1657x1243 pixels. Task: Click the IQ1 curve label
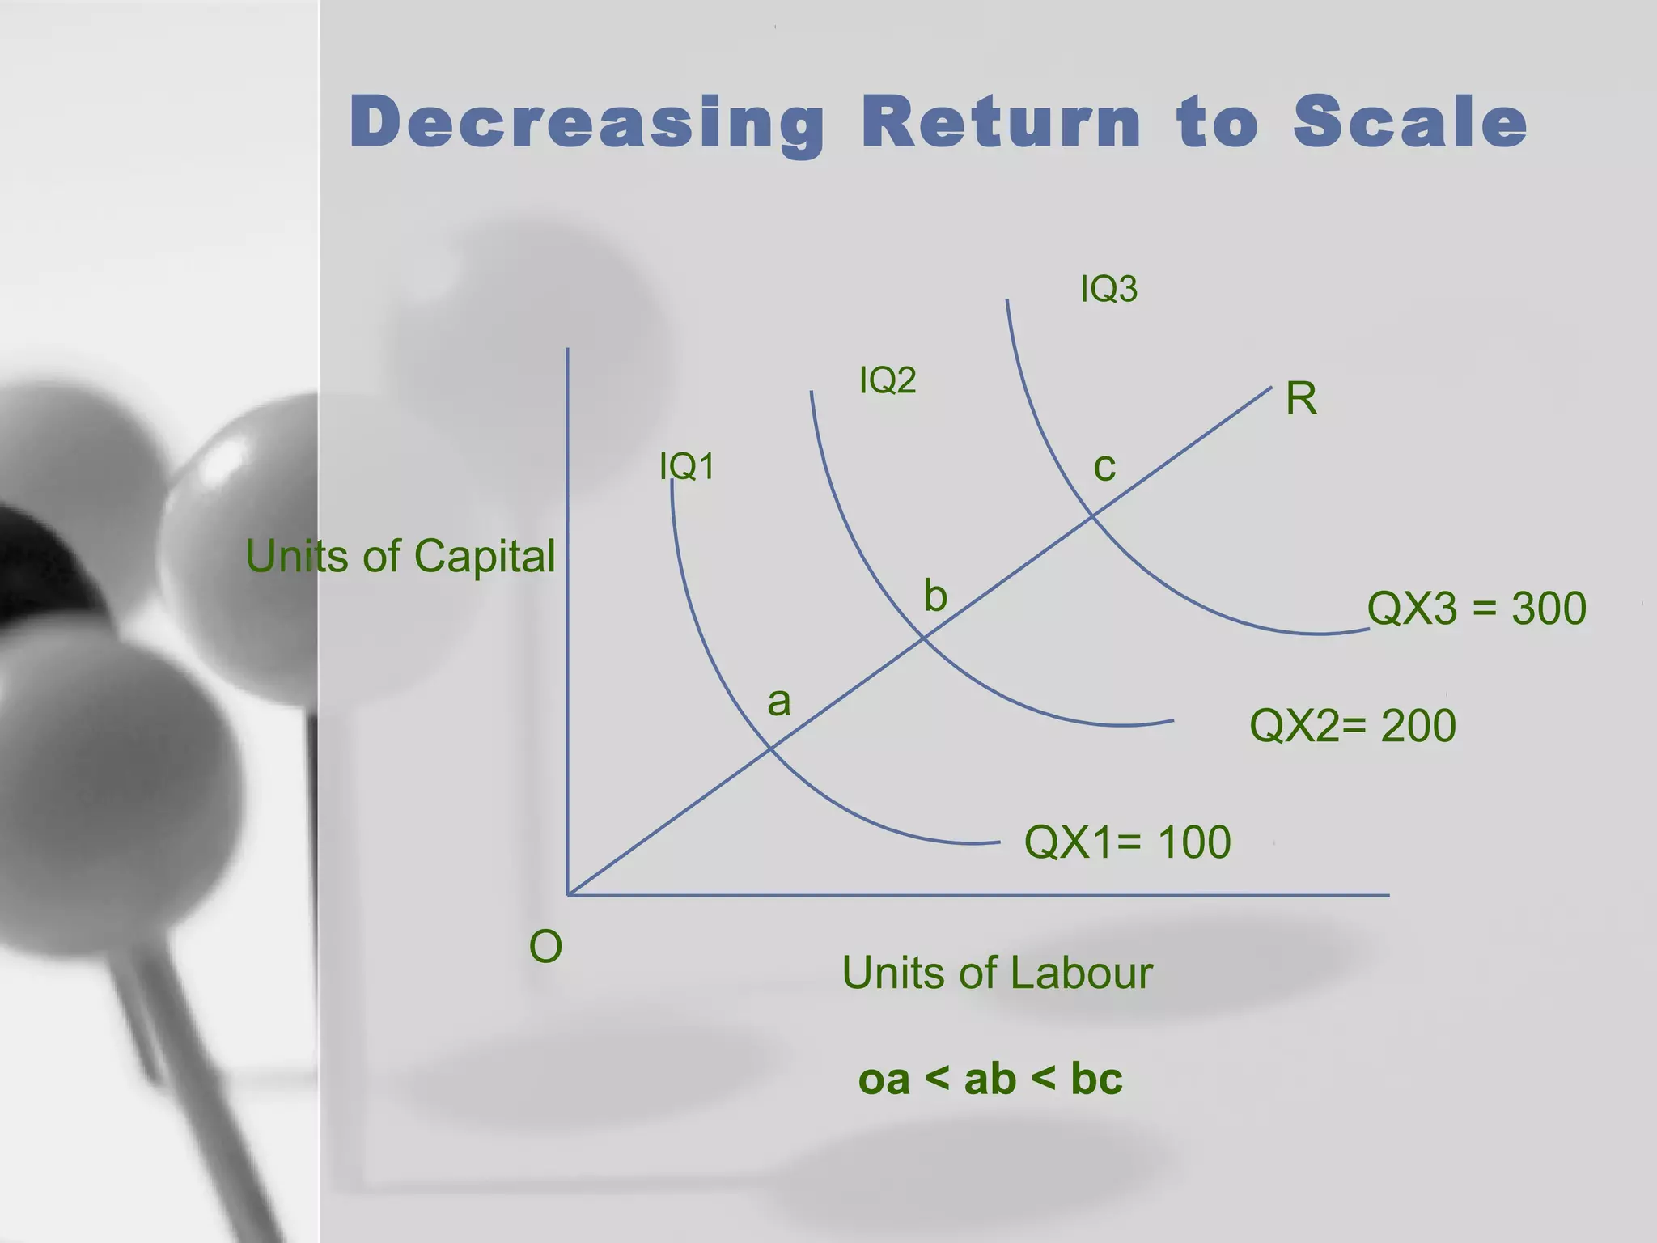tap(687, 466)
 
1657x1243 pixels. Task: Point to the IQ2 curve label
tap(888, 380)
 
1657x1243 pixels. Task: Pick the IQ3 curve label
tap(1108, 289)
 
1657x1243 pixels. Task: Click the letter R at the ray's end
tap(1301, 399)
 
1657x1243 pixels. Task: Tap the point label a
tap(778, 702)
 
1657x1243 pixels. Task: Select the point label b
tap(935, 596)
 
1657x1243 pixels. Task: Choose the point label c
tap(1104, 468)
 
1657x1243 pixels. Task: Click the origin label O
tap(545, 946)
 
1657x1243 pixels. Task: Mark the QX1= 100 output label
tap(1127, 842)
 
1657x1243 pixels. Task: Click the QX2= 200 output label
tap(1352, 725)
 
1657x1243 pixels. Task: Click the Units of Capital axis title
tap(400, 556)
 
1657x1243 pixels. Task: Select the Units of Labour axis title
tap(997, 972)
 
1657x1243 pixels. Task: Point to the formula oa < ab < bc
tap(990, 1079)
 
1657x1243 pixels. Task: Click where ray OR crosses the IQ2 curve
tap(924, 638)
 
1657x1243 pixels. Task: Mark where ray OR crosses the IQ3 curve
tap(1092, 515)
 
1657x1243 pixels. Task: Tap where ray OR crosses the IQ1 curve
tap(769, 749)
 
